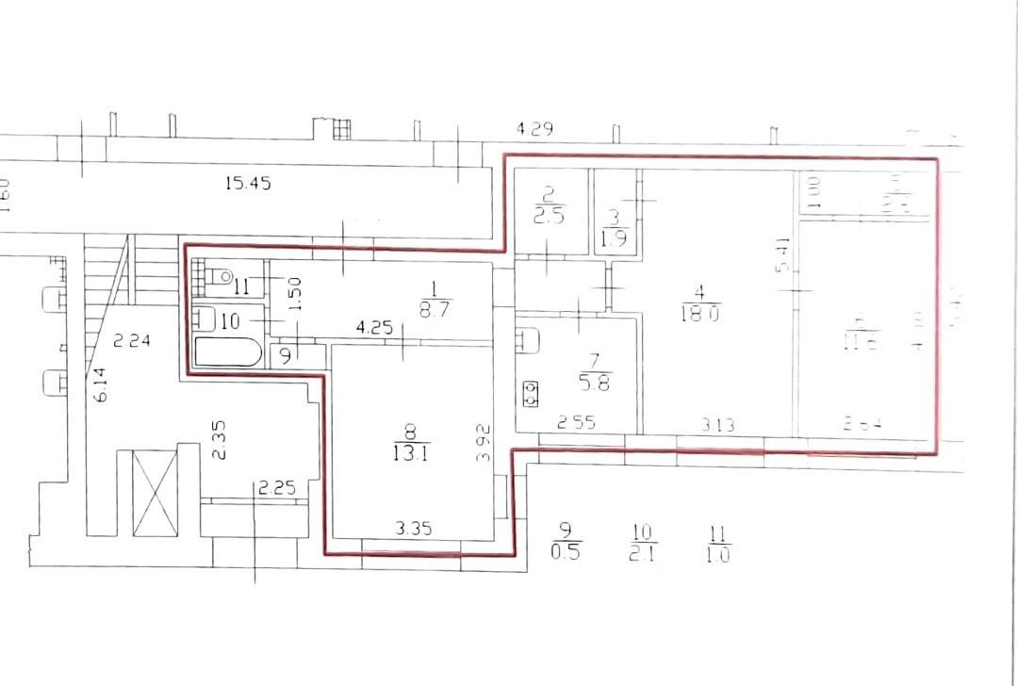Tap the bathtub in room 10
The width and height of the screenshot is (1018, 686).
[228, 352]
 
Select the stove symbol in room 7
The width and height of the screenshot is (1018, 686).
[529, 392]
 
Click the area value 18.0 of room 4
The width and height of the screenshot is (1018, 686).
[699, 315]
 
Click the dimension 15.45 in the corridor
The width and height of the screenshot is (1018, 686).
[248, 184]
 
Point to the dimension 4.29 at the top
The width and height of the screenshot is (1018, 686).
[534, 128]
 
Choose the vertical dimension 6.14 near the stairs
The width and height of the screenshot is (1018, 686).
[101, 385]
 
